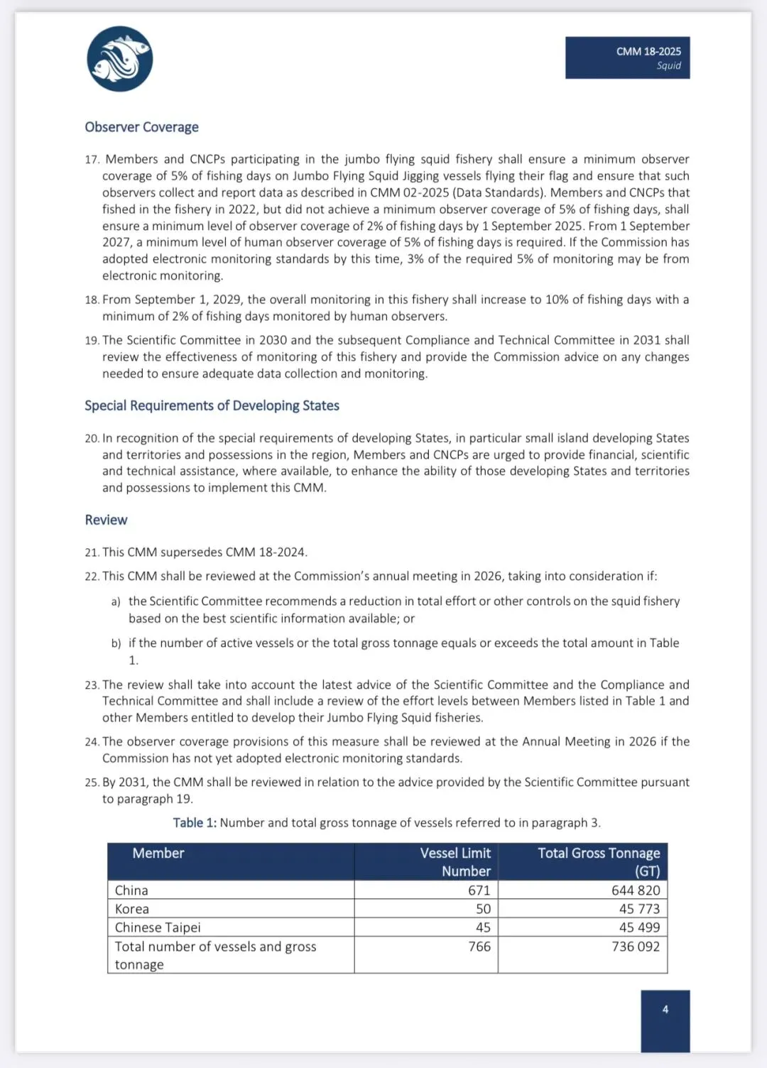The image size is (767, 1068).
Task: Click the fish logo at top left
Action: click(120, 59)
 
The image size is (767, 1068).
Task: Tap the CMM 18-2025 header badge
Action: click(627, 58)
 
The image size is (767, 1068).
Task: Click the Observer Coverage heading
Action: click(141, 127)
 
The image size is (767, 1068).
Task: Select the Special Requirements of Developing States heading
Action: click(212, 405)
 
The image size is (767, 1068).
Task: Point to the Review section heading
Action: click(106, 520)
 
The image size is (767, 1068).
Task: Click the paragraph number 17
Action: click(92, 160)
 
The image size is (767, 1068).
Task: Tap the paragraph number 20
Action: click(92, 439)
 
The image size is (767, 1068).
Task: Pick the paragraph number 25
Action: click(92, 783)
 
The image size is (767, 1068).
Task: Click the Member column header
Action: click(158, 854)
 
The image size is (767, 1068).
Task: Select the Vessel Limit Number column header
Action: click(455, 862)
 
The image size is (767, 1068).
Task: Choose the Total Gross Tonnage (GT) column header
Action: click(599, 862)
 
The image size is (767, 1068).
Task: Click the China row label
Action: click(131, 890)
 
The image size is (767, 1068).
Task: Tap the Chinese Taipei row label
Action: click(158, 927)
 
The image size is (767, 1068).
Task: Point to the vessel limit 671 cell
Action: click(479, 890)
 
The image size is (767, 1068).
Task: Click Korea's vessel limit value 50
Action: click(483, 909)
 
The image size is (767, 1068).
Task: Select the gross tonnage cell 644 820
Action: click(636, 890)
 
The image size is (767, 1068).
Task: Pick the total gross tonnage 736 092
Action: click(636, 947)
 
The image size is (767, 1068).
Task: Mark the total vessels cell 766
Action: click(479, 947)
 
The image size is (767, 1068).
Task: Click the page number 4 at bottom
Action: click(665, 1010)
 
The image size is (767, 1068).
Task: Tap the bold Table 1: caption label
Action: click(195, 823)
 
